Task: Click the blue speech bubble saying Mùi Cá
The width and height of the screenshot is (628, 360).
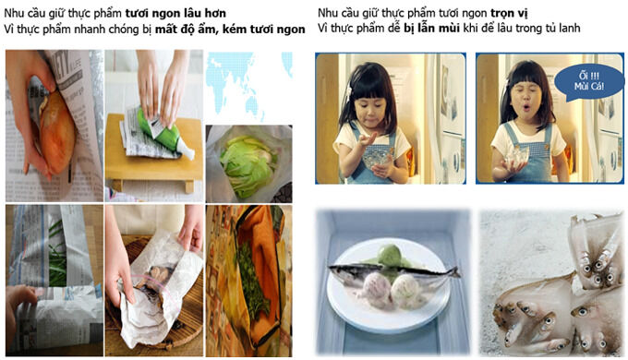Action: [589, 81]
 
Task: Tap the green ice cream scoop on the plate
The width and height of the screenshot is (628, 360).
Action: [390, 256]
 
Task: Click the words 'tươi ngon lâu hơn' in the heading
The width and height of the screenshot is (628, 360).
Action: [175, 13]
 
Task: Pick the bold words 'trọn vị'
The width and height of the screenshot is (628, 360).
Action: [509, 13]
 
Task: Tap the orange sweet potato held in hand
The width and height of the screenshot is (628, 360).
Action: [57, 133]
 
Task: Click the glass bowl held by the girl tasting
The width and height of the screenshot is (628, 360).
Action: [375, 162]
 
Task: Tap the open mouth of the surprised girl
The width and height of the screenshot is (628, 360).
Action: [526, 107]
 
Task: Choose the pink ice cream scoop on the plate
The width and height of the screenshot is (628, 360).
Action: [374, 291]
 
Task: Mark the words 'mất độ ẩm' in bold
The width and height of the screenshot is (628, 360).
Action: [186, 29]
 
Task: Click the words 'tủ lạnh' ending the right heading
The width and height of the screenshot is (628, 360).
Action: [564, 28]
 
